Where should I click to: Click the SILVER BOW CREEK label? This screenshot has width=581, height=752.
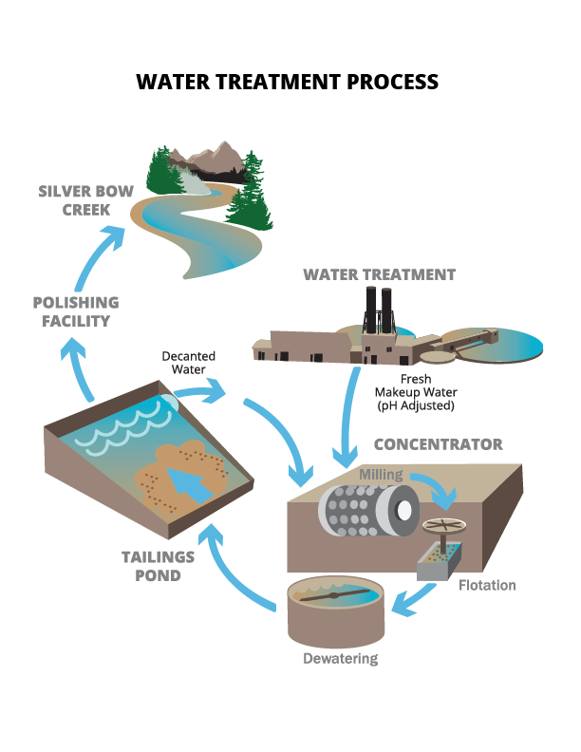click(86, 199)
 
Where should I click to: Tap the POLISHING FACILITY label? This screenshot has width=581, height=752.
click(76, 311)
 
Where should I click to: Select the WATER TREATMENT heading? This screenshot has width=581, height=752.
click(380, 274)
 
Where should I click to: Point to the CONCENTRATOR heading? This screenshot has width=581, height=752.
click(439, 444)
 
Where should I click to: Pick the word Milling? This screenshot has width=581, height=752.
click(381, 474)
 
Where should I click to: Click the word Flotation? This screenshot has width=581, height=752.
click(486, 585)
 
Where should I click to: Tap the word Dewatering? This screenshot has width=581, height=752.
click(340, 658)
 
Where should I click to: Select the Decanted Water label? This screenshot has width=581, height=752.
click(188, 363)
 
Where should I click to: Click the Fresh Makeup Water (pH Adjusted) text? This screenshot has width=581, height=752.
click(415, 392)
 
